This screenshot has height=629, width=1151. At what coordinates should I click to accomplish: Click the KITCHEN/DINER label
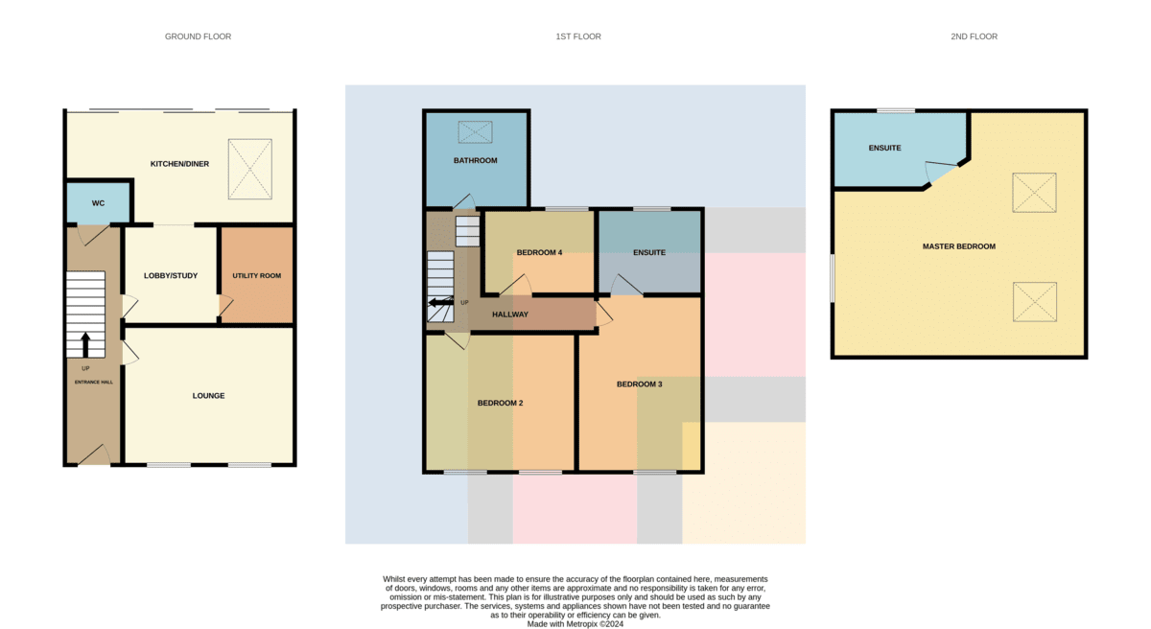179,164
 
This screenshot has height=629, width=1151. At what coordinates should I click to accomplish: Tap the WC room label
98,203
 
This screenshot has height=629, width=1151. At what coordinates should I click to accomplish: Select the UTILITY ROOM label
256,276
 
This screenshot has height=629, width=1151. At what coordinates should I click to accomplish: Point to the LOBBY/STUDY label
171,276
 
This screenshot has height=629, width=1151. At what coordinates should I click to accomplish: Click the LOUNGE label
209,396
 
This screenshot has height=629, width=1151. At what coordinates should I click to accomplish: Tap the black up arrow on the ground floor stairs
85,344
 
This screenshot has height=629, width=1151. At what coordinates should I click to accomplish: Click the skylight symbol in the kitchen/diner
250,169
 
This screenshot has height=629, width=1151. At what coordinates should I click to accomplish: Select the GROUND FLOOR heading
198,36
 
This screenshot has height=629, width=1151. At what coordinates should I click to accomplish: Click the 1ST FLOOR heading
578,36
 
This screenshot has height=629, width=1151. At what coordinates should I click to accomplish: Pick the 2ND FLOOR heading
975,36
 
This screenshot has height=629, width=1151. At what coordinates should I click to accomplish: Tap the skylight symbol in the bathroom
476,132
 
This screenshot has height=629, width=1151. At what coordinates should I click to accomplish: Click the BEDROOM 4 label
539,252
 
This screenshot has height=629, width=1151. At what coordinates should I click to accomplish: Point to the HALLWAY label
510,314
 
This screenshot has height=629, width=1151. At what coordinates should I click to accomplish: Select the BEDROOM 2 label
501,403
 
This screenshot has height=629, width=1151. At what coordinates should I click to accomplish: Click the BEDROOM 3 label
640,384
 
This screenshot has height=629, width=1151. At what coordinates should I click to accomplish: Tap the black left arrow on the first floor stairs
441,302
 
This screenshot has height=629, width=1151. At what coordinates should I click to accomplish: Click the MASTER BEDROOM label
959,246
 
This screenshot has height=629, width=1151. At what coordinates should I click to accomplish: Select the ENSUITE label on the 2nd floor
884,148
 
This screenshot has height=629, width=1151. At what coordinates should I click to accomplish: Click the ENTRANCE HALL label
94,382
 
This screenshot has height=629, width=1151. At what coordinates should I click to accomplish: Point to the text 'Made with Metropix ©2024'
575,624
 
